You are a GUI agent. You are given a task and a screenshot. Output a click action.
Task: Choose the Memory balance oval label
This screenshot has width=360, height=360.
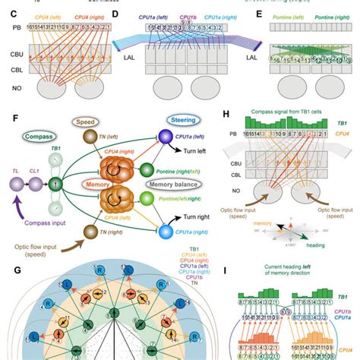180,182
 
